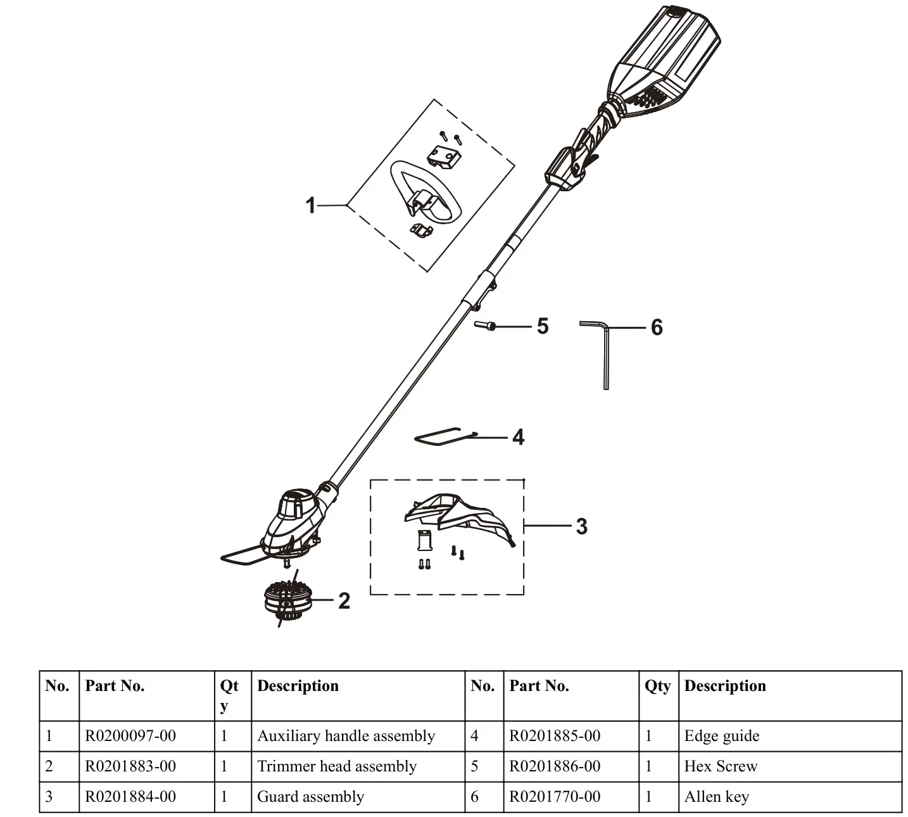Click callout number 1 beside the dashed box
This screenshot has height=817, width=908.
(310, 205)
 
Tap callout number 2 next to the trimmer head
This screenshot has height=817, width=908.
(344, 600)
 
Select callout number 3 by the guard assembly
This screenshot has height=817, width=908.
(581, 526)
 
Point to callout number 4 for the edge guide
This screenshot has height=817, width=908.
(518, 437)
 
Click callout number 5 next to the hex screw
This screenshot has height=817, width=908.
(542, 326)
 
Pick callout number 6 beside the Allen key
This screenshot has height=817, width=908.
(657, 327)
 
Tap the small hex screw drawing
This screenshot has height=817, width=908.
(486, 326)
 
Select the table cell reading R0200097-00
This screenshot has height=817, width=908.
(130, 736)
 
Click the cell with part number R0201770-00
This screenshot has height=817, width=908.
(555, 797)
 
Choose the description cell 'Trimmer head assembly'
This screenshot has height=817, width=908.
(337, 766)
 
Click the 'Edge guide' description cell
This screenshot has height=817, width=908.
(721, 736)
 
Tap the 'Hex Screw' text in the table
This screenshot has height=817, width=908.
(721, 766)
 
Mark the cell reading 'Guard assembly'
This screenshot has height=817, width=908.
(310, 797)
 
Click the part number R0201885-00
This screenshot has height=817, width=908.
(555, 736)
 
